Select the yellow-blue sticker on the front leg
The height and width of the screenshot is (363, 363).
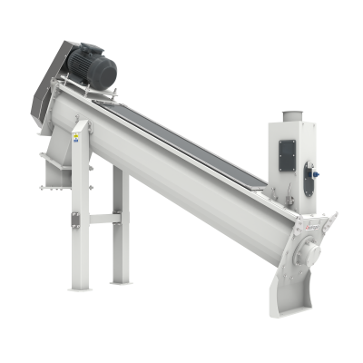[x=76, y=137]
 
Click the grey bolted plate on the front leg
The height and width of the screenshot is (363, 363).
[x=75, y=218]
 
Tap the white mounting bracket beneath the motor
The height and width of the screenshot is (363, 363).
[x=91, y=91]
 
